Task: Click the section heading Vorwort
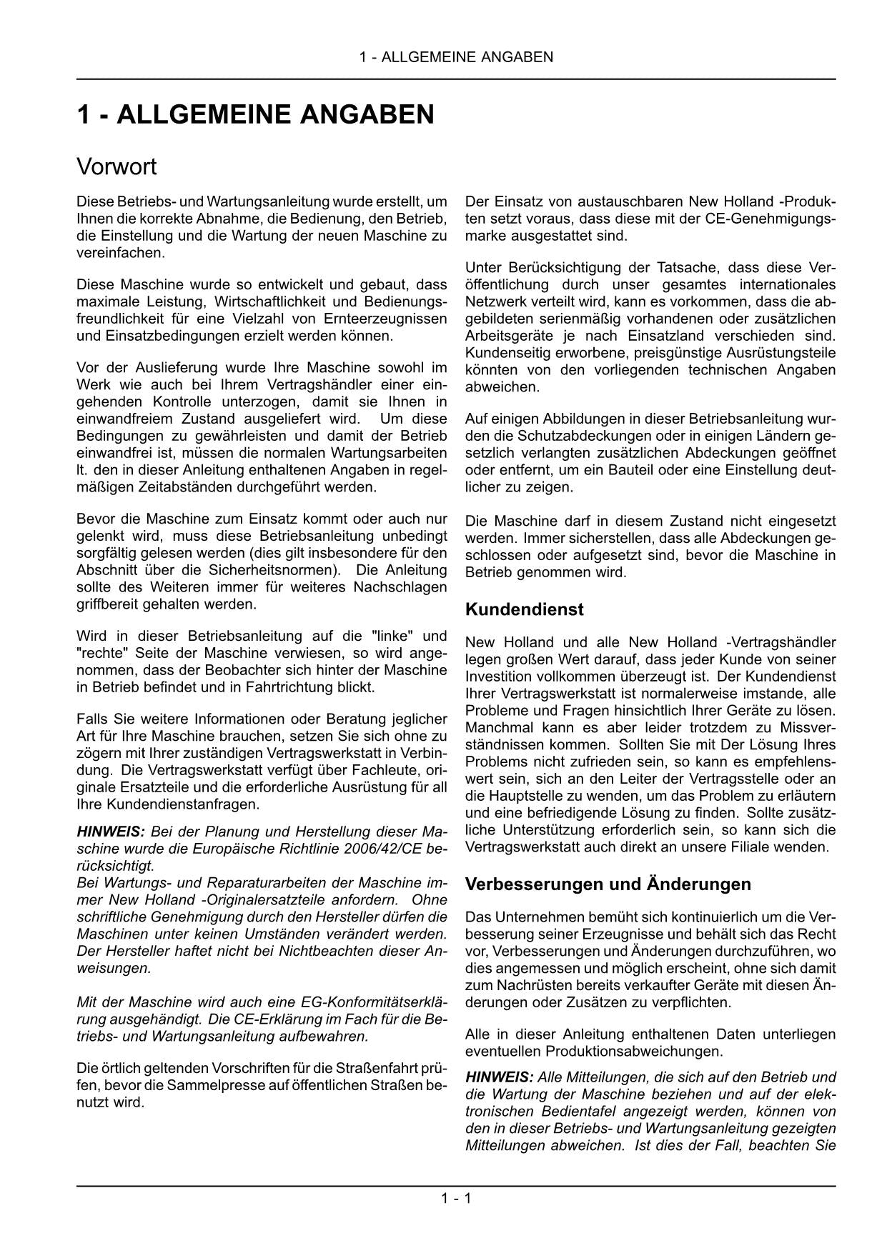pos(116,167)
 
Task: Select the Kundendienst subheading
pos(524,609)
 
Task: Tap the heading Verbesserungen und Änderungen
pos(608,884)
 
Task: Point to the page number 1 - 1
pos(456,1198)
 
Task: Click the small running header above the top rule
pos(456,57)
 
